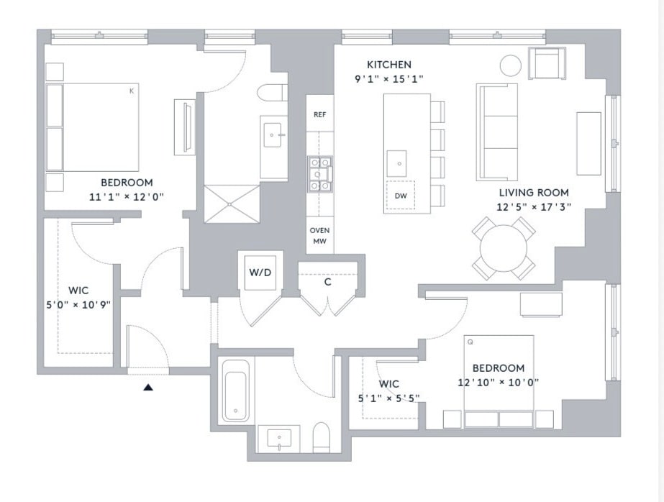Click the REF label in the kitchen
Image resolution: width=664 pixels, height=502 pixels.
tap(319, 114)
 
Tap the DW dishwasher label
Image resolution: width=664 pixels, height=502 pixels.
tap(401, 196)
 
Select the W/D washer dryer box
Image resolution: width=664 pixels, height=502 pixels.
tap(260, 272)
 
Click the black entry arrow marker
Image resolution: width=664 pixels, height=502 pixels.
tap(147, 387)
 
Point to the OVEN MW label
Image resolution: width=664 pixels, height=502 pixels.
tap(319, 236)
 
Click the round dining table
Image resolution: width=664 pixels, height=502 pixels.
tap(504, 248)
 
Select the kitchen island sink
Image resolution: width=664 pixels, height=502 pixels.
tap(397, 163)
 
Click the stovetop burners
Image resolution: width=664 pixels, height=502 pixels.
tap(320, 174)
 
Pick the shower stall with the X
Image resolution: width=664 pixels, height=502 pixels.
tap(232, 204)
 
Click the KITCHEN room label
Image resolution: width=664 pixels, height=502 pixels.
tap(388, 65)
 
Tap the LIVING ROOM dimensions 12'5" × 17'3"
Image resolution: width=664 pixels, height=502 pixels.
tap(534, 207)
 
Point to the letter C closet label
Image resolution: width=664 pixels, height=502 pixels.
tap(328, 282)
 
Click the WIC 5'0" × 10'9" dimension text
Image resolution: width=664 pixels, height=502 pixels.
tap(78, 305)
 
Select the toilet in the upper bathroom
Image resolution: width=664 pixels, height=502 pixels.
tap(270, 93)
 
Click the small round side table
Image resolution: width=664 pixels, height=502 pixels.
tap(511, 65)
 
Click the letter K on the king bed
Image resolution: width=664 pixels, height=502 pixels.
tap(132, 91)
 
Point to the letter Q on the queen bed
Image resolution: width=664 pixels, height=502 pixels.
tap(470, 342)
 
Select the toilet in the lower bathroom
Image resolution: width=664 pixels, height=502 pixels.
tap(321, 437)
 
